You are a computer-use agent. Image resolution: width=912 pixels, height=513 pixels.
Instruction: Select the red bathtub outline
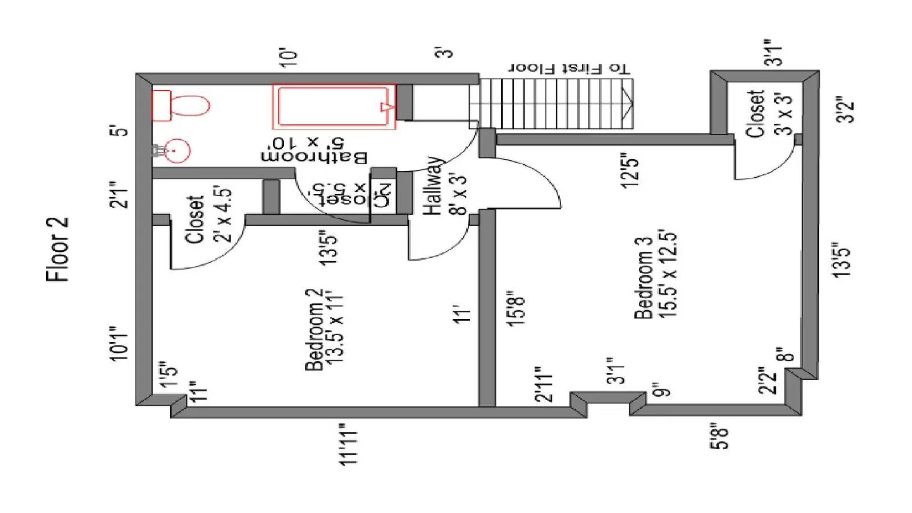click(x=333, y=107)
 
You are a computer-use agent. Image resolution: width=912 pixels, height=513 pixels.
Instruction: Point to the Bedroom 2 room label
click(x=324, y=329)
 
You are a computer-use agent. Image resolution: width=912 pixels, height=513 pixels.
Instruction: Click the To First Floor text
click(x=569, y=68)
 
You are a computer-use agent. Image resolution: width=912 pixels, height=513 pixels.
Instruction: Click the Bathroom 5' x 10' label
click(x=314, y=149)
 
